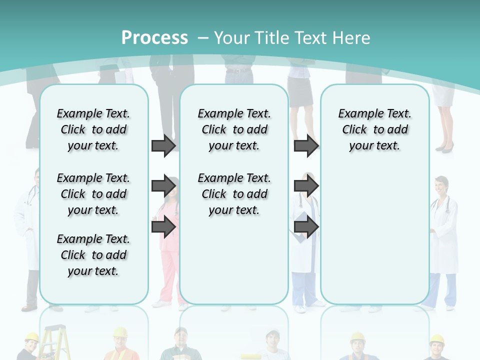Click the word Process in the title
click(x=154, y=37)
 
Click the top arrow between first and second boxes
click(x=163, y=145)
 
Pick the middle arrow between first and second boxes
click(x=163, y=186)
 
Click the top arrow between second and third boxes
click(x=306, y=145)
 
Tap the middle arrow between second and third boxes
click(x=306, y=186)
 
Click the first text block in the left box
click(x=93, y=129)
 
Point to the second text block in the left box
click(x=93, y=194)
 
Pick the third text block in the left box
click(x=93, y=255)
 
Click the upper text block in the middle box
click(x=234, y=129)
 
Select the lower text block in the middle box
click(x=234, y=194)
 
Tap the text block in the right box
click(x=374, y=129)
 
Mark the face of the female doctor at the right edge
click(x=441, y=187)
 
